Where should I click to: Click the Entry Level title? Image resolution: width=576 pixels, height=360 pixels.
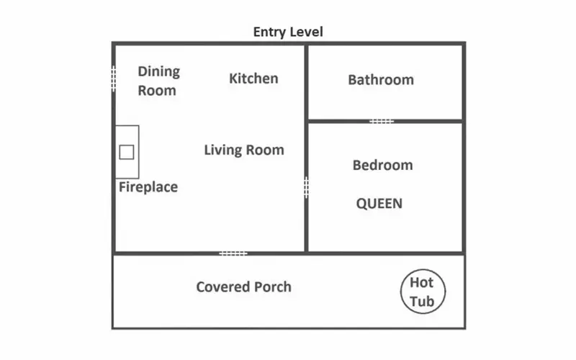pyautogui.click(x=288, y=32)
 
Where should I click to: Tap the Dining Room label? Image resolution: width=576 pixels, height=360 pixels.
pyautogui.click(x=158, y=81)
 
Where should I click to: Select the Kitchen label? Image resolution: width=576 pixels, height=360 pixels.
pyautogui.click(x=253, y=78)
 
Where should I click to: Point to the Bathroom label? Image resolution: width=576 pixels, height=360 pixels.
pyautogui.click(x=381, y=80)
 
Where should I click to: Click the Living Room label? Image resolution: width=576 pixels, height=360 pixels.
pyautogui.click(x=244, y=150)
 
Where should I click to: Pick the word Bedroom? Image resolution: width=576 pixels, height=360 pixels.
pyautogui.click(x=383, y=165)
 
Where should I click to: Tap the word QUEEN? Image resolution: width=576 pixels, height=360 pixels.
pyautogui.click(x=379, y=204)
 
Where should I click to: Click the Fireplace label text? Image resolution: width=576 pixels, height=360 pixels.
pyautogui.click(x=148, y=187)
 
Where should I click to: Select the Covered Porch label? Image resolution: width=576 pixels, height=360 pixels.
pyautogui.click(x=243, y=287)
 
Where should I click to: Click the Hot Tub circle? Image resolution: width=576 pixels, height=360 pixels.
pyautogui.click(x=401, y=292)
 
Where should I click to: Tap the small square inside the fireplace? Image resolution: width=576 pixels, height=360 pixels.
pyautogui.click(x=127, y=152)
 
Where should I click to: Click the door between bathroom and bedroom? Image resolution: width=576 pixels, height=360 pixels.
pyautogui.click(x=382, y=121)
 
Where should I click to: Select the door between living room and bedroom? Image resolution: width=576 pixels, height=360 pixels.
pyautogui.click(x=306, y=188)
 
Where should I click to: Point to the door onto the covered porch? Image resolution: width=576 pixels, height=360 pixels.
pyautogui.click(x=233, y=253)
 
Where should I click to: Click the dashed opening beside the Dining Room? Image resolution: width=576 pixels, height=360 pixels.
pyautogui.click(x=114, y=78)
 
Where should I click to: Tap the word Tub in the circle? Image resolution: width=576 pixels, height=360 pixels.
pyautogui.click(x=422, y=301)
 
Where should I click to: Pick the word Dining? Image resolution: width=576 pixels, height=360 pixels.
pyautogui.click(x=158, y=71)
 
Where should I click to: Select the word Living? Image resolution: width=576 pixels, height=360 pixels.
pyautogui.click(x=223, y=150)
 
